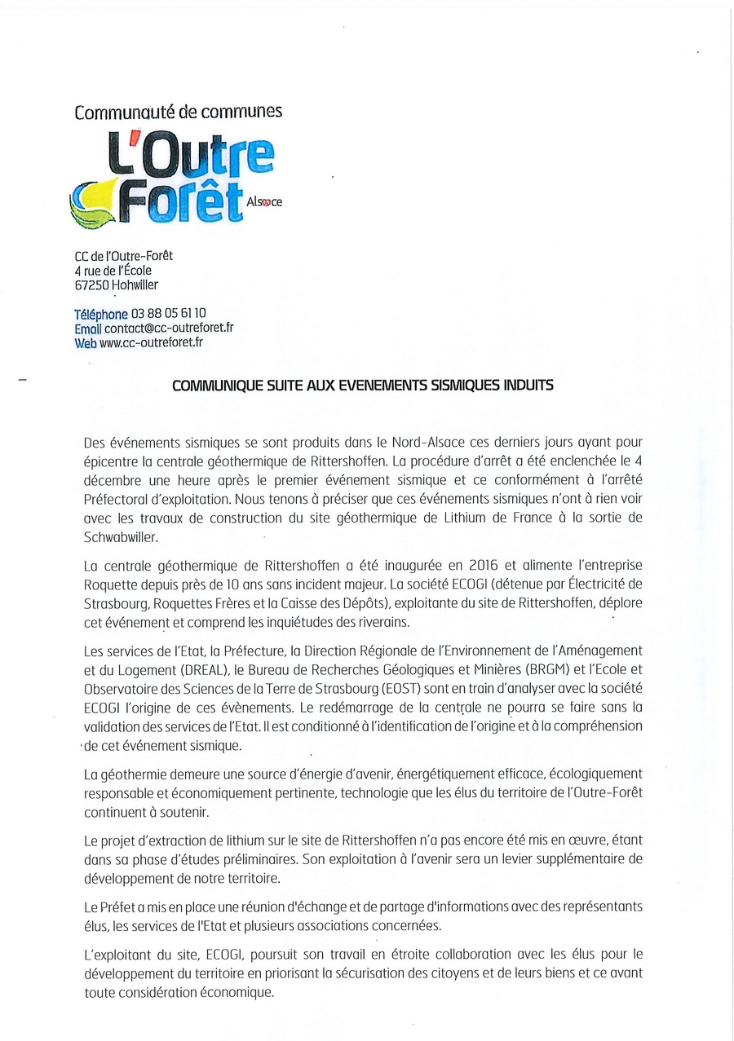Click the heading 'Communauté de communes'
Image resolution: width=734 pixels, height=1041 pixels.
pyautogui.click(x=178, y=112)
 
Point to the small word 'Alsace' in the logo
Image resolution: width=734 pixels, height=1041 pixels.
pyautogui.click(x=263, y=201)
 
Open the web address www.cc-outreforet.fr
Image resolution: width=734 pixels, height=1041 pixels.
pyautogui.click(x=151, y=342)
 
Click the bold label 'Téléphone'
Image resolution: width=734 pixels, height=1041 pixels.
pyautogui.click(x=101, y=314)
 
